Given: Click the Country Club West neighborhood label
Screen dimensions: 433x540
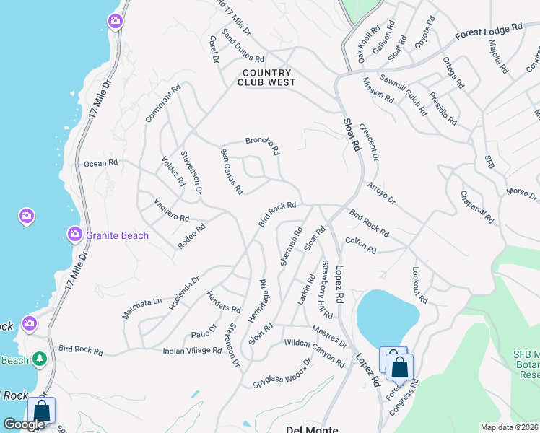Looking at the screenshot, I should tap(267, 77).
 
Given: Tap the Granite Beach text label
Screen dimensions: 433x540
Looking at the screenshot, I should tap(117, 235).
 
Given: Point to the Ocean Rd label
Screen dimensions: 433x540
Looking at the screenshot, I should tap(100, 164).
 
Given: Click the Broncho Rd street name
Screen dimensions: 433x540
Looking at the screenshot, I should tap(263, 146).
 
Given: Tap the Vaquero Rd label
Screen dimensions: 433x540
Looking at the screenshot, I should tap(171, 209).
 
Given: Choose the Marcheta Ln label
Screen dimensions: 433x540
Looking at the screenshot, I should tap(141, 302).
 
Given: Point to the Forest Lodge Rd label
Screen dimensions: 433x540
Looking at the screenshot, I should tap(488, 32).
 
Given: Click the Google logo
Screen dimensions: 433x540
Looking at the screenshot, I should tap(25, 424).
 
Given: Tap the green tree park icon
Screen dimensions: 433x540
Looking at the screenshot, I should tap(40, 359).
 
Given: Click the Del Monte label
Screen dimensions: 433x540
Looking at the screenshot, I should tap(312, 429).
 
